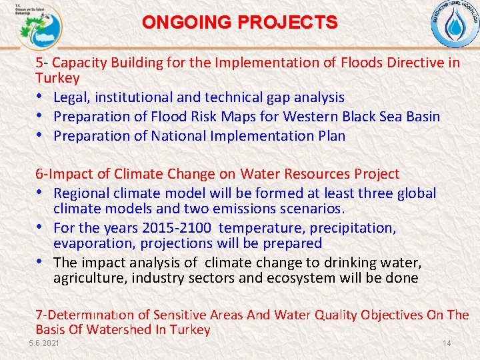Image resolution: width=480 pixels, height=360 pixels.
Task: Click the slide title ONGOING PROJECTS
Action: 240,22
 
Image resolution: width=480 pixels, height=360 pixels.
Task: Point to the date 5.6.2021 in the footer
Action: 44,343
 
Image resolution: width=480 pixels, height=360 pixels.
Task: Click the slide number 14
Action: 447,343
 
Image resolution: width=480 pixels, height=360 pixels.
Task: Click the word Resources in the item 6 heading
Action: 319,174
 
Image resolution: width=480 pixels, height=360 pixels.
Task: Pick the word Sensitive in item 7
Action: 181,315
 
